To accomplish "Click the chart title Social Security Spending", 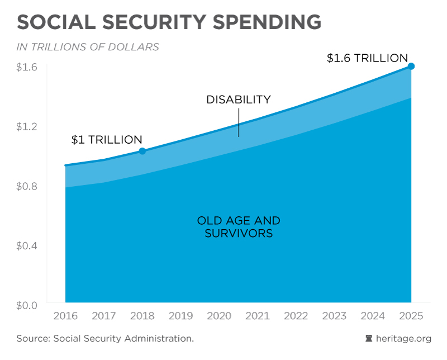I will coord(169,22).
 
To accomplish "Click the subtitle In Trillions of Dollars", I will coord(88,47).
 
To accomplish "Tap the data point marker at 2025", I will coord(411,66).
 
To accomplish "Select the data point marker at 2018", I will coord(142,151).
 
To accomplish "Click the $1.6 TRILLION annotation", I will coord(367,58).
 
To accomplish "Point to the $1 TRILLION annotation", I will coord(107,140).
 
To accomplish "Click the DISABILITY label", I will coord(239,100).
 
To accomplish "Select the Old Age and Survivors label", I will coord(239,227).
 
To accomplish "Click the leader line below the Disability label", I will coord(239,122).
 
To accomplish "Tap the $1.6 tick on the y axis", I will coord(27,67).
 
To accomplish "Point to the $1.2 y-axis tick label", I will coord(27,126).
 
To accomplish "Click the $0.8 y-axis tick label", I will coord(27,186).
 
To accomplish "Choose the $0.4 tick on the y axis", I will coord(27,245).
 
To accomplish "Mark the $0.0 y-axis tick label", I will coord(27,305).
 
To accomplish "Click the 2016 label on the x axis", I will coord(65,316).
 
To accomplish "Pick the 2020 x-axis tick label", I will coord(219,316).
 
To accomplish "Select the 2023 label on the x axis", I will coord(335,316).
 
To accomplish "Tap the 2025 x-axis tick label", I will coord(411,316).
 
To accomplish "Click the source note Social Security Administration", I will coord(105,339).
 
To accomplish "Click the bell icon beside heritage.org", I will coord(369,339).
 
